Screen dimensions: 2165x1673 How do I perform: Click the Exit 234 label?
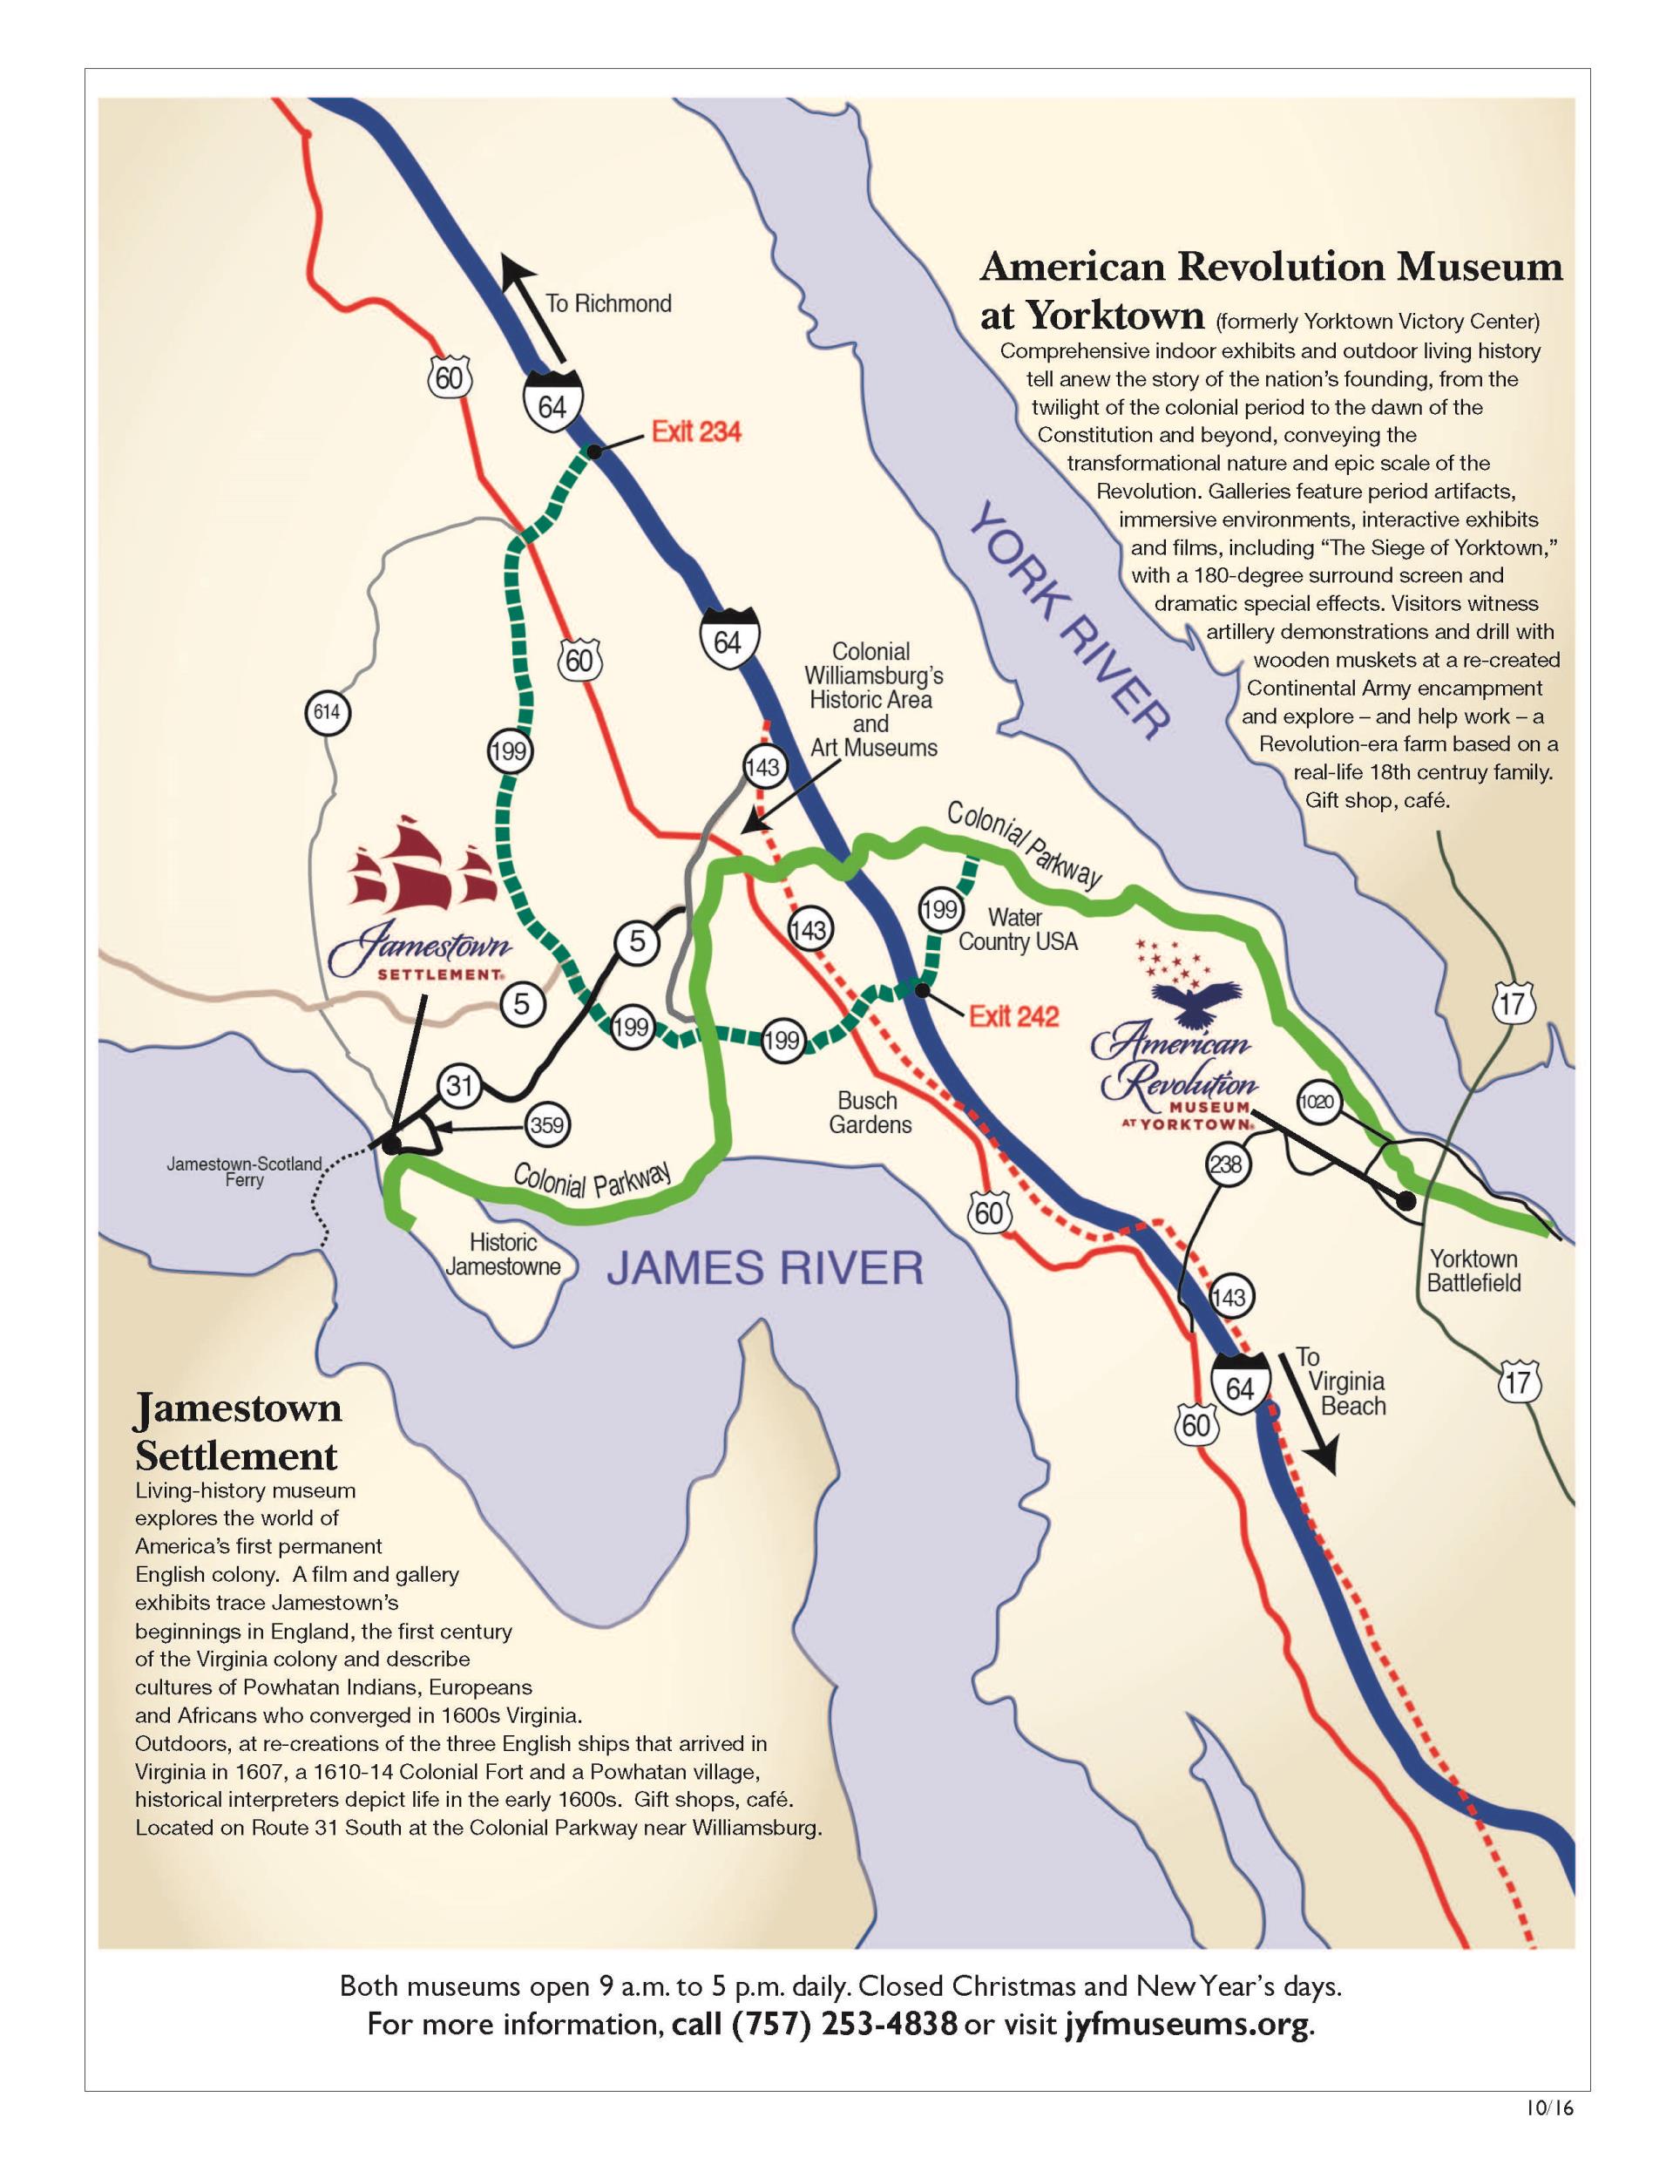695,432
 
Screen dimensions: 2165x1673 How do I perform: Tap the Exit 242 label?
1013,1016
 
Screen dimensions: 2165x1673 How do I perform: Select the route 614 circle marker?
326,712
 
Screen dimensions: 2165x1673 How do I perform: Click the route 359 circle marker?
546,1125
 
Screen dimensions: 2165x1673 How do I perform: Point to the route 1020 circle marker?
1318,1102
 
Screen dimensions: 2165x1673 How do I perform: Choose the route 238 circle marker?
1226,1163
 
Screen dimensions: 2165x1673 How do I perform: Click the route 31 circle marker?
459,1085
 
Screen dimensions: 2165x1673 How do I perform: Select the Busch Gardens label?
870,1112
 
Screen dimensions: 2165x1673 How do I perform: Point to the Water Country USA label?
1017,930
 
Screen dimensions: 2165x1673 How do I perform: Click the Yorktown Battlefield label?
1473,1271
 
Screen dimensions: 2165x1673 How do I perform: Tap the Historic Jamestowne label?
504,1254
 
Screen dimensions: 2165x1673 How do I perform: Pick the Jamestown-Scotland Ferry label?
244,1171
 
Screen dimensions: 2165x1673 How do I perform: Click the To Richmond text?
607,303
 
